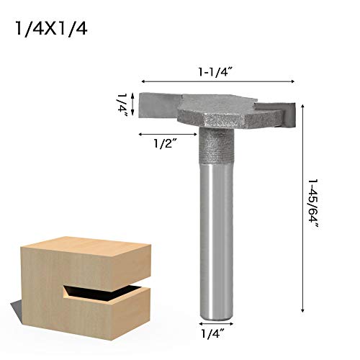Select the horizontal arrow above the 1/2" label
(165, 134)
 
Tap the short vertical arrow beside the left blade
(135, 104)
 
